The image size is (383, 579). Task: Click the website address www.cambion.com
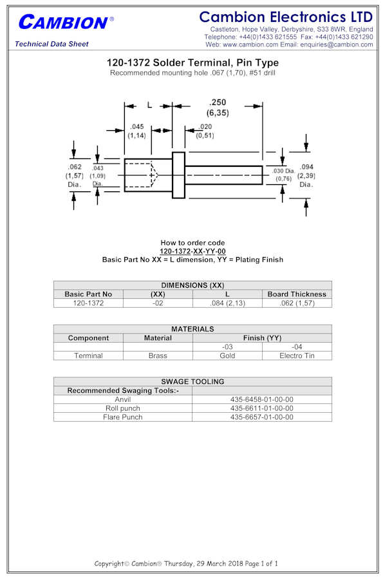pyautogui.click(x=250, y=44)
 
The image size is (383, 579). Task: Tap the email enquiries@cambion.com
pyautogui.click(x=337, y=44)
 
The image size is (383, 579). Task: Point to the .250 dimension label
pyautogui.click(x=218, y=102)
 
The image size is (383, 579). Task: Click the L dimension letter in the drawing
pyautogui.click(x=149, y=105)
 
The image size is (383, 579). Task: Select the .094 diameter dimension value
pyautogui.click(x=306, y=167)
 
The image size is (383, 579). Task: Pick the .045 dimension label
pyautogui.click(x=136, y=127)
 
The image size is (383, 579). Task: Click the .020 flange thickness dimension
pyautogui.click(x=205, y=127)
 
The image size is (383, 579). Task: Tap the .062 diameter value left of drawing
pyautogui.click(x=75, y=167)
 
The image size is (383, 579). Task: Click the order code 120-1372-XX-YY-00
pyautogui.click(x=192, y=251)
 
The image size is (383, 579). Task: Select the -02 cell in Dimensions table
pyautogui.click(x=158, y=303)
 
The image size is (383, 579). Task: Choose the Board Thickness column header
pyautogui.click(x=297, y=294)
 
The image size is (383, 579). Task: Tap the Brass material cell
pyautogui.click(x=158, y=356)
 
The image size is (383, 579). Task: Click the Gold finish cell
pyautogui.click(x=227, y=356)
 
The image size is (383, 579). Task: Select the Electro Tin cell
pyautogui.click(x=297, y=356)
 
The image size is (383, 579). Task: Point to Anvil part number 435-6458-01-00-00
pyautogui.click(x=261, y=399)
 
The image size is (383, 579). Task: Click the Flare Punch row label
pyautogui.click(x=122, y=417)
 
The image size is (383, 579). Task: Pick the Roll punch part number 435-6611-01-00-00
pyautogui.click(x=261, y=408)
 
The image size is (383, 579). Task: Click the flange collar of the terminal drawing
pyautogui.click(x=178, y=175)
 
